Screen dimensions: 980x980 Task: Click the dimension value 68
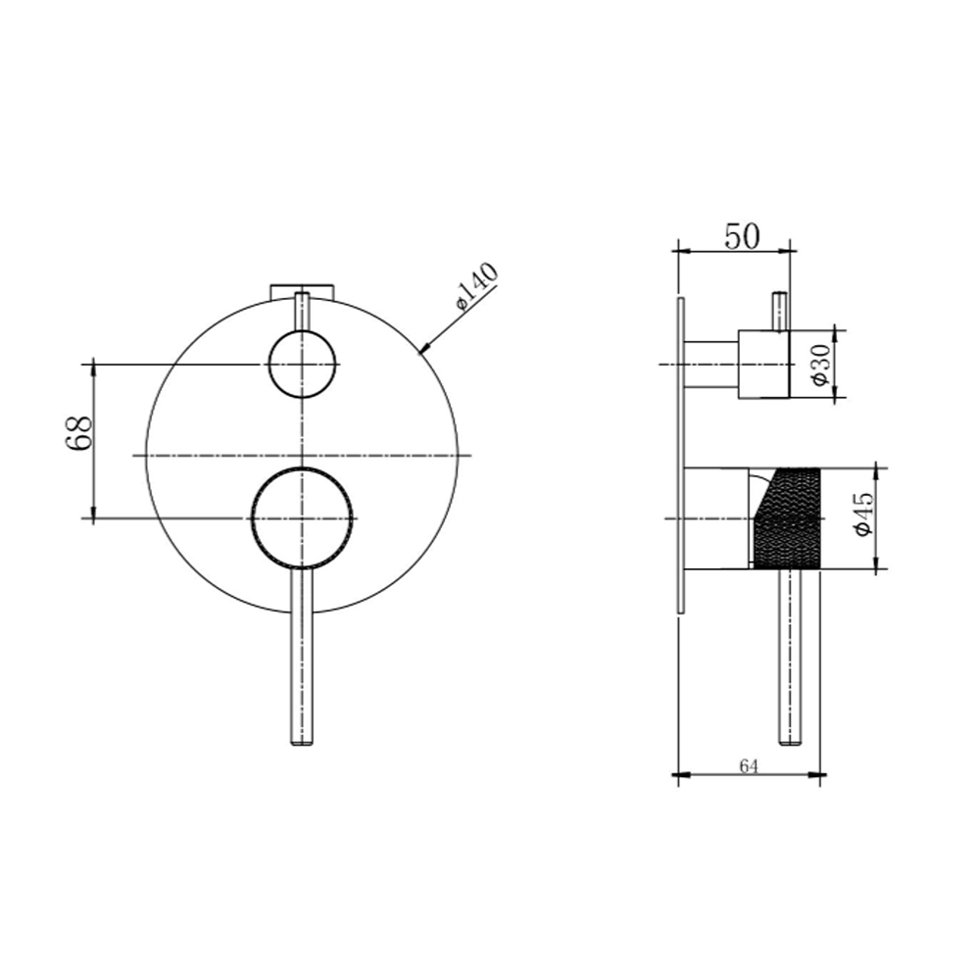click(x=78, y=432)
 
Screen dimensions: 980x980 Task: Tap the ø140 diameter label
click(x=477, y=285)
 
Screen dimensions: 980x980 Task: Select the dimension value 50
click(x=742, y=236)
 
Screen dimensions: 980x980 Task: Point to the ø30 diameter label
click(x=821, y=365)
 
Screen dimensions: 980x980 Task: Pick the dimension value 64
click(x=749, y=766)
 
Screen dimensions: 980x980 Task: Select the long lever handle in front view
click(x=302, y=657)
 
